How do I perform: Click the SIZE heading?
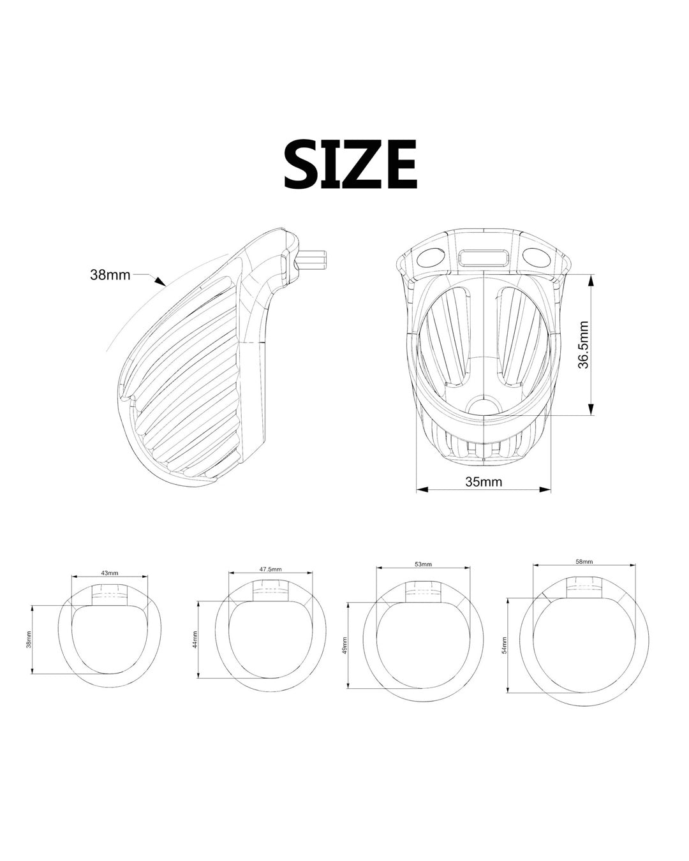point(351,164)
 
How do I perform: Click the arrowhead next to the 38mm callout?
point(161,281)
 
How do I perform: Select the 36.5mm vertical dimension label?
point(584,344)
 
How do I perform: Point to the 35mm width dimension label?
point(483,482)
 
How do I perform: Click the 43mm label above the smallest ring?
point(109,573)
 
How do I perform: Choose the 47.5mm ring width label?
point(271,570)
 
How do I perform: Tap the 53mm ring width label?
point(423,564)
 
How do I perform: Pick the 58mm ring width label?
point(584,562)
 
